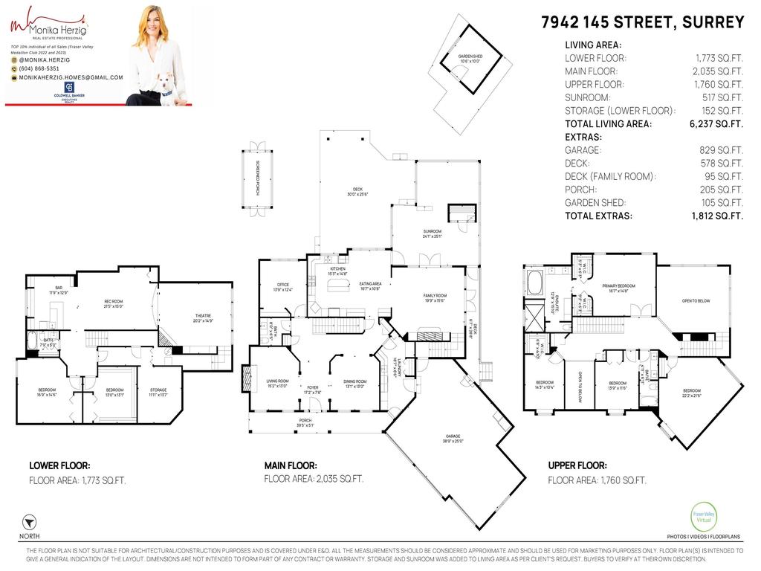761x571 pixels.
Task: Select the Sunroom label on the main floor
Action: pos(432,233)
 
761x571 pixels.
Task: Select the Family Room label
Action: pos(435,298)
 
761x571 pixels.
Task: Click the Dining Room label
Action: pos(354,384)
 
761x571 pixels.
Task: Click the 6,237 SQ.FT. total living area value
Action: pos(716,124)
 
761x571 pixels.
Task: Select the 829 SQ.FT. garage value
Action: pos(724,150)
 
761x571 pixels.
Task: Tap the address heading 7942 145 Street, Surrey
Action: pos(642,22)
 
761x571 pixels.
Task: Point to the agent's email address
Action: pos(71,77)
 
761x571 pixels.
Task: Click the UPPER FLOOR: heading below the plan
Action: pos(577,465)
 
